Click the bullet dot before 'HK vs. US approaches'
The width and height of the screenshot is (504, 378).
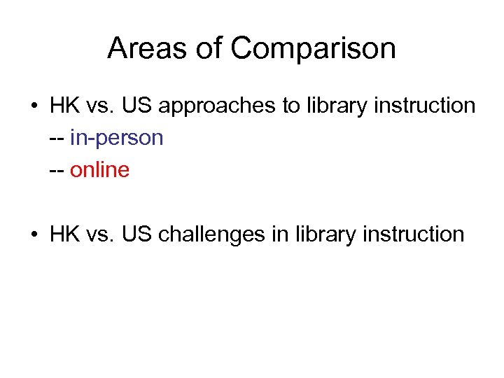click(x=34, y=106)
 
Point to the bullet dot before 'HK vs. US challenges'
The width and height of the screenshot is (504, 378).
click(x=34, y=234)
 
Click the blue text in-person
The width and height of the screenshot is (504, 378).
click(x=117, y=139)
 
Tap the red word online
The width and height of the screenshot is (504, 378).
click(x=99, y=170)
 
